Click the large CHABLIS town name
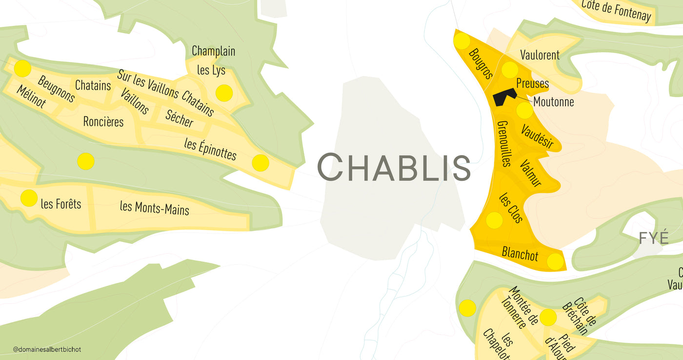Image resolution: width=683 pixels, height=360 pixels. (394, 167)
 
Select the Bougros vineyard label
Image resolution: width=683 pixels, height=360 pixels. (480, 63)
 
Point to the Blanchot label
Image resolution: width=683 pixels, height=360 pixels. (520, 254)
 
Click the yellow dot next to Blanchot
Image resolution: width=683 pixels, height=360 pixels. (555, 261)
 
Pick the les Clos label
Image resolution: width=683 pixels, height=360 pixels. (511, 208)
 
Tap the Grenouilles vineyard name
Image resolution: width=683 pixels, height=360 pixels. (503, 143)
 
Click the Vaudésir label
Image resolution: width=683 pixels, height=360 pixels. (537, 136)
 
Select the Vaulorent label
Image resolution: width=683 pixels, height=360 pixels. (540, 55)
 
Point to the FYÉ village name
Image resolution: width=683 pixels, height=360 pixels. (654, 238)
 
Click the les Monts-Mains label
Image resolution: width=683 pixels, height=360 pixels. (155, 207)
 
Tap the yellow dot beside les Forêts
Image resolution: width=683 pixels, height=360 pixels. (29, 198)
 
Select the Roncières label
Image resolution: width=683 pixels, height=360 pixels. (103, 121)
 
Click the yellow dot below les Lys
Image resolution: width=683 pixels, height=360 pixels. (224, 93)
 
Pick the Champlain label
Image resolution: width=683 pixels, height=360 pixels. (213, 51)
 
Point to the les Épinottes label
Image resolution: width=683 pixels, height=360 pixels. (210, 149)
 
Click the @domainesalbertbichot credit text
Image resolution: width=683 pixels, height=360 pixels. (47, 349)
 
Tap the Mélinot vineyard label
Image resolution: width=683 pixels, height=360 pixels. (31, 97)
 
